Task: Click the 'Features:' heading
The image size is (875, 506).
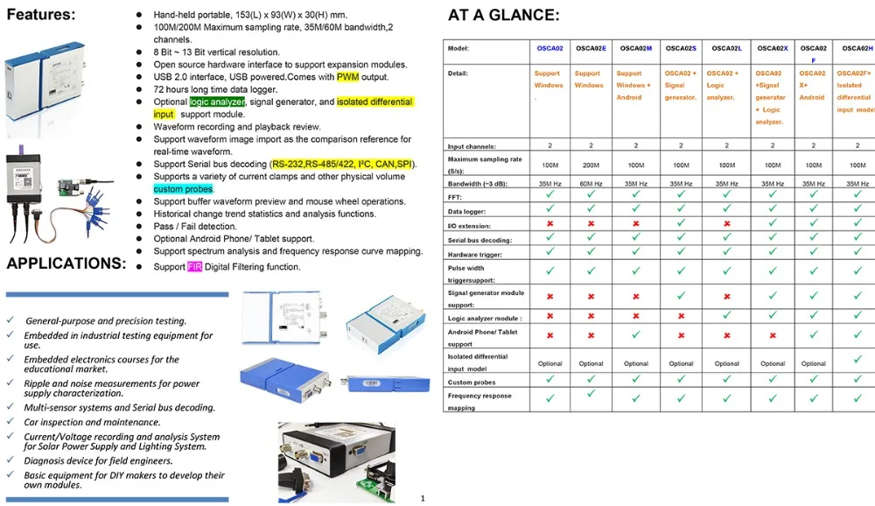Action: [x=41, y=15]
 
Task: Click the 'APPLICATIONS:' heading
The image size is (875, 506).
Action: [x=66, y=264]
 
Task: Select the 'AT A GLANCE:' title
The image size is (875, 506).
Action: [x=503, y=15]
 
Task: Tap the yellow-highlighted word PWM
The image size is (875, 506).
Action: [x=347, y=77]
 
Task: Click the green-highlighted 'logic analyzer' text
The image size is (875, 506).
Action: [x=217, y=102]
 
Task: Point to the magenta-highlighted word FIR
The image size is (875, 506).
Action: [x=193, y=267]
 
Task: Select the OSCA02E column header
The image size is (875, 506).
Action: [x=591, y=49]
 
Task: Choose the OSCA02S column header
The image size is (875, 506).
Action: [x=681, y=49]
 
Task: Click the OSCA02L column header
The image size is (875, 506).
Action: [x=726, y=49]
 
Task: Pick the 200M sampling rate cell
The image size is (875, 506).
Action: [x=591, y=165]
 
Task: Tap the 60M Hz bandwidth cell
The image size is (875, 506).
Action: [x=591, y=184]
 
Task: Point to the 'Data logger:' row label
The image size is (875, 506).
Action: [x=466, y=212]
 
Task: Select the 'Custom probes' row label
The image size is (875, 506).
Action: [x=472, y=383]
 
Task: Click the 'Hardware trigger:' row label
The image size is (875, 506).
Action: [x=475, y=255]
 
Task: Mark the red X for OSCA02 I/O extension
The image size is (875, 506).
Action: [x=549, y=224]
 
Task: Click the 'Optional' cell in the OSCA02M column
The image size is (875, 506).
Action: [x=636, y=364]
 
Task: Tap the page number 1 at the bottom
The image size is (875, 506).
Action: [x=423, y=499]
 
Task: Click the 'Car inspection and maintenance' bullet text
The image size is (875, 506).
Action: [x=92, y=422]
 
